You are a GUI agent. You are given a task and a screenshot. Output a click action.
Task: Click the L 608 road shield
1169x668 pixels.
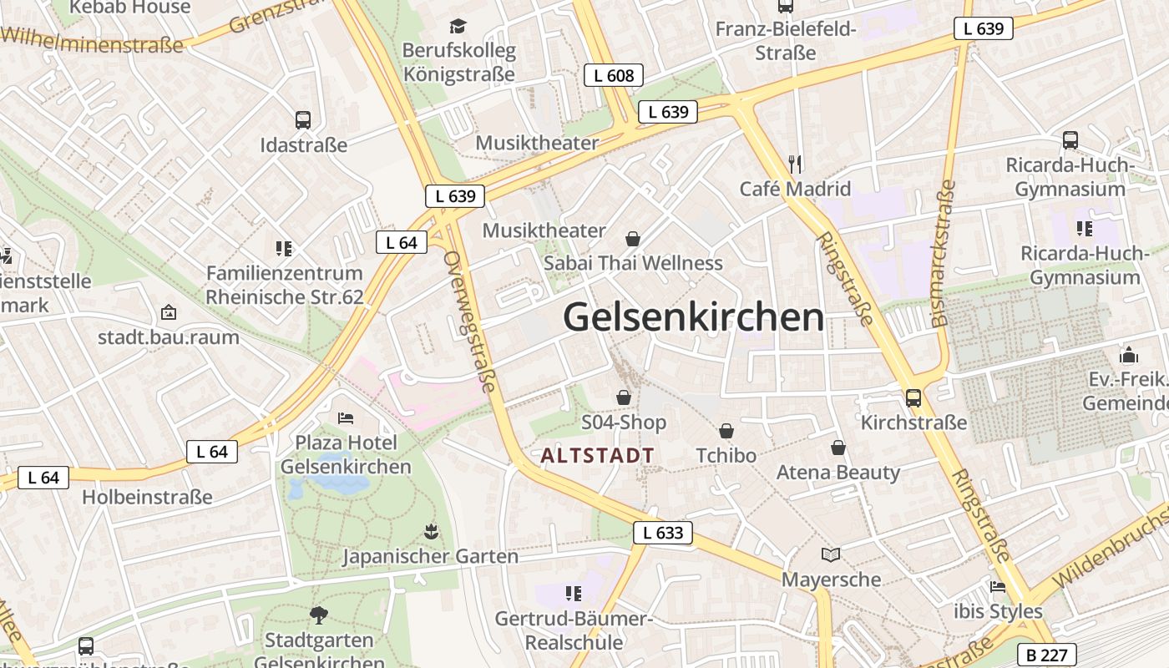pos(614,75)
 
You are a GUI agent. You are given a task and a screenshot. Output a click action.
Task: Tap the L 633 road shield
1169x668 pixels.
pos(663,533)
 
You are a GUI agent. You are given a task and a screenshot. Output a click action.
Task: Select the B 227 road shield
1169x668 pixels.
pos(1046,655)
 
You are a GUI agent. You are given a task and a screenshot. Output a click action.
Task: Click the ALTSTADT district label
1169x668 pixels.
pos(598,456)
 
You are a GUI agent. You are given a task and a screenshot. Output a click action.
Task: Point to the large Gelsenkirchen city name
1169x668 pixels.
pos(693,318)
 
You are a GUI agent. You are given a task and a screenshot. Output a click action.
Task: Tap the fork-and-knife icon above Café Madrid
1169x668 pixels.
pos(795,164)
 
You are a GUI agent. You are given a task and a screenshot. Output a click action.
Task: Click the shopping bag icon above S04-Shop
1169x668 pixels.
pos(624,397)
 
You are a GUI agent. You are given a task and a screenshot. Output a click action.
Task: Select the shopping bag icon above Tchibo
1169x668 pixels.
pos(726,431)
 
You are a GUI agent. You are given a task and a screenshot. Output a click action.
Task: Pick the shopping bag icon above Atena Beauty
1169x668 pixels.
pos(838,448)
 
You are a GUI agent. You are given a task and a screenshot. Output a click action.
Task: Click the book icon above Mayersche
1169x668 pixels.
pos(831,554)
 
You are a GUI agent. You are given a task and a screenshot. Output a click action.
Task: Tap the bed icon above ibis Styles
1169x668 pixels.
pos(998,586)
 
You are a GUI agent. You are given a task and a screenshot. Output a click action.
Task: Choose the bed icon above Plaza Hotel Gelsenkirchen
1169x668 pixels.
pos(346,417)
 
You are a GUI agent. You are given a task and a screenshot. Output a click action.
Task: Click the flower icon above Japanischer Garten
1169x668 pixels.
pos(431,531)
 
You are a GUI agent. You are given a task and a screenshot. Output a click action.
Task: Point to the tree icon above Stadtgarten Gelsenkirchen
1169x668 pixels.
pos(318,615)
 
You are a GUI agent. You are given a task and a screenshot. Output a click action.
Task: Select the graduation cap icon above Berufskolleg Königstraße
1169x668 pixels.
pos(458,27)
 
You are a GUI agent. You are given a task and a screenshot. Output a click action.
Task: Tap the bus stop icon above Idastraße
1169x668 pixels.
pos(303,120)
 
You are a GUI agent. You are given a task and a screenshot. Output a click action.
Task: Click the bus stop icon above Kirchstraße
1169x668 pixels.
pos(913,397)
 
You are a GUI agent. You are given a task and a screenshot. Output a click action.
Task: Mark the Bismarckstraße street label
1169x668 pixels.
pos(943,251)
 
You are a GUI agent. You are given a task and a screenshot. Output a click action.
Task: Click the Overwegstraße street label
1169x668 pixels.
pos(469,321)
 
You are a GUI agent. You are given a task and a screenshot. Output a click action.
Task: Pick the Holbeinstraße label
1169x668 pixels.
pos(147,497)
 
